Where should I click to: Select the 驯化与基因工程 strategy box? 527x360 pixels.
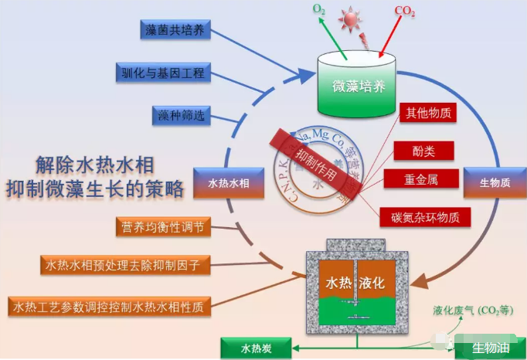tap(162, 73)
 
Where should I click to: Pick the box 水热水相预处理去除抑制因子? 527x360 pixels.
tap(123, 264)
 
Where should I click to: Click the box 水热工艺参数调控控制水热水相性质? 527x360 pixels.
tap(109, 307)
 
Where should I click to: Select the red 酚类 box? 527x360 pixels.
tap(423, 150)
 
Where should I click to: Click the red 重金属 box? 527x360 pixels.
tap(421, 180)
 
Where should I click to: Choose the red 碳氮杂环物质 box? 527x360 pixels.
tap(425, 217)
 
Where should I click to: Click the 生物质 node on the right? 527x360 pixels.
tap(495, 183)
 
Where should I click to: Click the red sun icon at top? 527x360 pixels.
tap(356, 18)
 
